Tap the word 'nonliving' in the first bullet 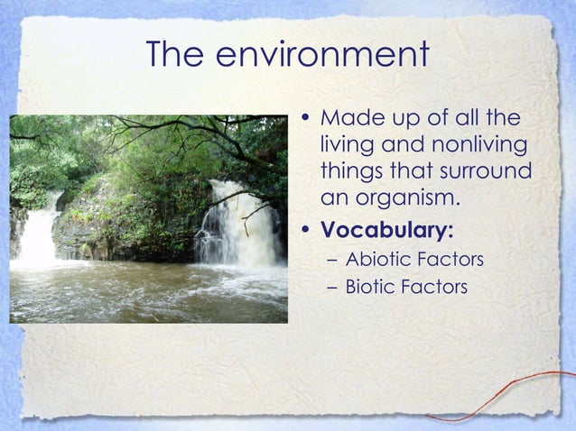[474, 145]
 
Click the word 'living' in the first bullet [348, 145]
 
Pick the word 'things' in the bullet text [350, 171]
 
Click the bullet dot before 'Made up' [308, 119]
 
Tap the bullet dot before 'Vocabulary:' [308, 231]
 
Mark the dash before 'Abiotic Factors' [330, 261]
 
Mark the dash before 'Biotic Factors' [330, 289]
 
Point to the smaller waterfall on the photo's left [40, 233]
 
